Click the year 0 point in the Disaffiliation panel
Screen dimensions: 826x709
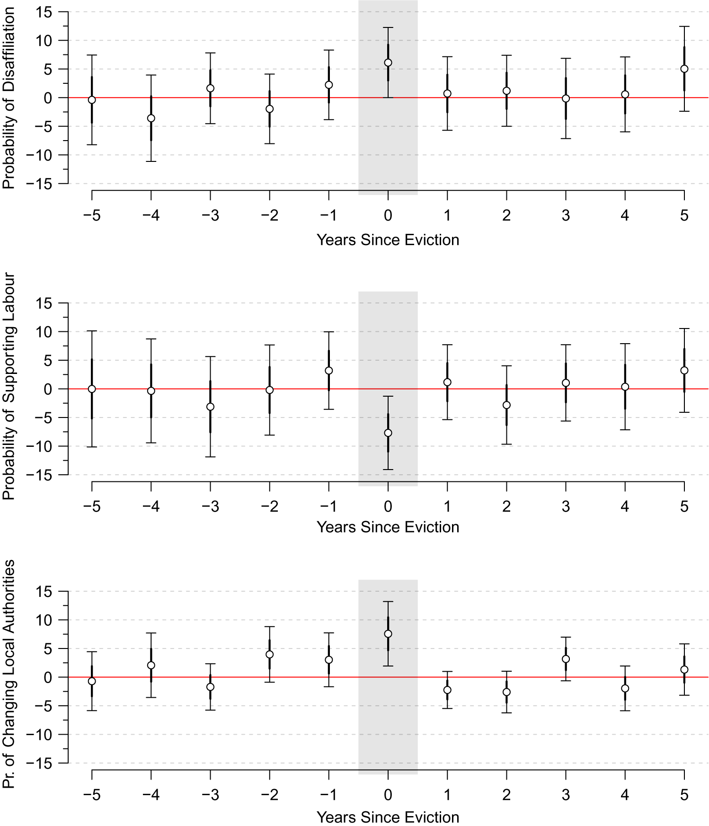(388, 62)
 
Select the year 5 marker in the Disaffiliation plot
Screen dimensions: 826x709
(684, 69)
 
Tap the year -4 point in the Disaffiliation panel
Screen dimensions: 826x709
(151, 118)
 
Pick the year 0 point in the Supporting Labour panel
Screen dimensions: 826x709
(388, 433)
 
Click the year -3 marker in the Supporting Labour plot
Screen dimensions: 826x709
(210, 407)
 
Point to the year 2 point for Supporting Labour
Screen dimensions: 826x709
(506, 405)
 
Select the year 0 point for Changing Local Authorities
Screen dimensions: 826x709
(388, 634)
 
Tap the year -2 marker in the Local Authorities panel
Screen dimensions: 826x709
(269, 655)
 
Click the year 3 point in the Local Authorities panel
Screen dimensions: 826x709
(566, 659)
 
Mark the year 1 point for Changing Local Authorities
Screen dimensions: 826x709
(447, 690)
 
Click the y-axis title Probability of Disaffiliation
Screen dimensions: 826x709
(9, 98)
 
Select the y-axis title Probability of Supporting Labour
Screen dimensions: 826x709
(9, 386)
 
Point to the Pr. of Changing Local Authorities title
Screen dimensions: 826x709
(9, 674)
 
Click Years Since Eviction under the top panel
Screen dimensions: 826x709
(388, 240)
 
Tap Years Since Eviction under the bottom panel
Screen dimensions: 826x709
(388, 817)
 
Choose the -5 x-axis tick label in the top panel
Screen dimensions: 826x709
(92, 216)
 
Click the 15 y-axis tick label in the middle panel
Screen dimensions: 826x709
(44, 303)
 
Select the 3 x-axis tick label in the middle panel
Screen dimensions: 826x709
(566, 507)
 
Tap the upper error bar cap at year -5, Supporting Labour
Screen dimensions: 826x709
(92, 331)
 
